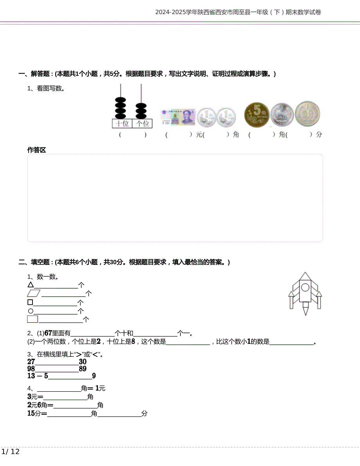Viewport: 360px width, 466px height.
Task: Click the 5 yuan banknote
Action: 178,117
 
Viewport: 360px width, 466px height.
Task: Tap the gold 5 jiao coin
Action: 257,115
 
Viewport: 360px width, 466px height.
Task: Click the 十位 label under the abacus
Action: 122,124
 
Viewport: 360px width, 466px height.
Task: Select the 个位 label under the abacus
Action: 142,124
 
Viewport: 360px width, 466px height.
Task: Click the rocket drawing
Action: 305,293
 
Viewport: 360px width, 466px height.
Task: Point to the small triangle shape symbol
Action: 31,285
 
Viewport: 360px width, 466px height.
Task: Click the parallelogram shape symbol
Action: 34,293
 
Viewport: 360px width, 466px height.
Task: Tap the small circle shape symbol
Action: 30,311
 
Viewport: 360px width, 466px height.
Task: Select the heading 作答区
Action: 36,150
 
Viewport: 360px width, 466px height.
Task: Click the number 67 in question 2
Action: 49,333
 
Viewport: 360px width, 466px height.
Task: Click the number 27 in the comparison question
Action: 31,362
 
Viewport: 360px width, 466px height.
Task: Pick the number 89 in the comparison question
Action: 83,369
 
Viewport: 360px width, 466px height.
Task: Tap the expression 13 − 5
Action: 38,376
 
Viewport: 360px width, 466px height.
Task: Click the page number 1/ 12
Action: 11,452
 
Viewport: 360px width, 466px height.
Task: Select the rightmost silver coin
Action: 308,114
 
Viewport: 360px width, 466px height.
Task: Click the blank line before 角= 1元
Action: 58,390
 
